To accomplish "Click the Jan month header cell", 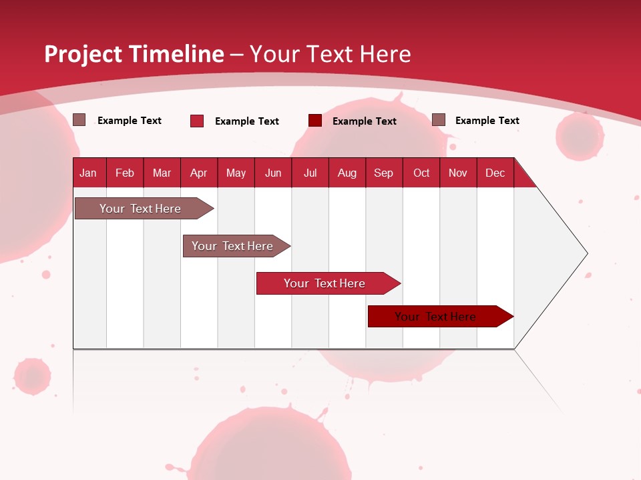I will pos(88,173).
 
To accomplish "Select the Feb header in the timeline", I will pos(125,173).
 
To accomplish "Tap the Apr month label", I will pos(198,173).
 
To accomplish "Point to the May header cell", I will pos(236,173).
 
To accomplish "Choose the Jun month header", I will pos(273,173).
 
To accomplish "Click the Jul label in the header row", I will pos(310,173).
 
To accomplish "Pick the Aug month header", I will pos(347,173).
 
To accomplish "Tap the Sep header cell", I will pos(384,173).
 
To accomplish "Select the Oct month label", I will pos(421,173).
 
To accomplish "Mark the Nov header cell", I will pos(458,173).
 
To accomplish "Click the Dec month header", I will pos(495,173).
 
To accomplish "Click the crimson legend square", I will pos(197,121).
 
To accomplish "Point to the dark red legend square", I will pos(315,121).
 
